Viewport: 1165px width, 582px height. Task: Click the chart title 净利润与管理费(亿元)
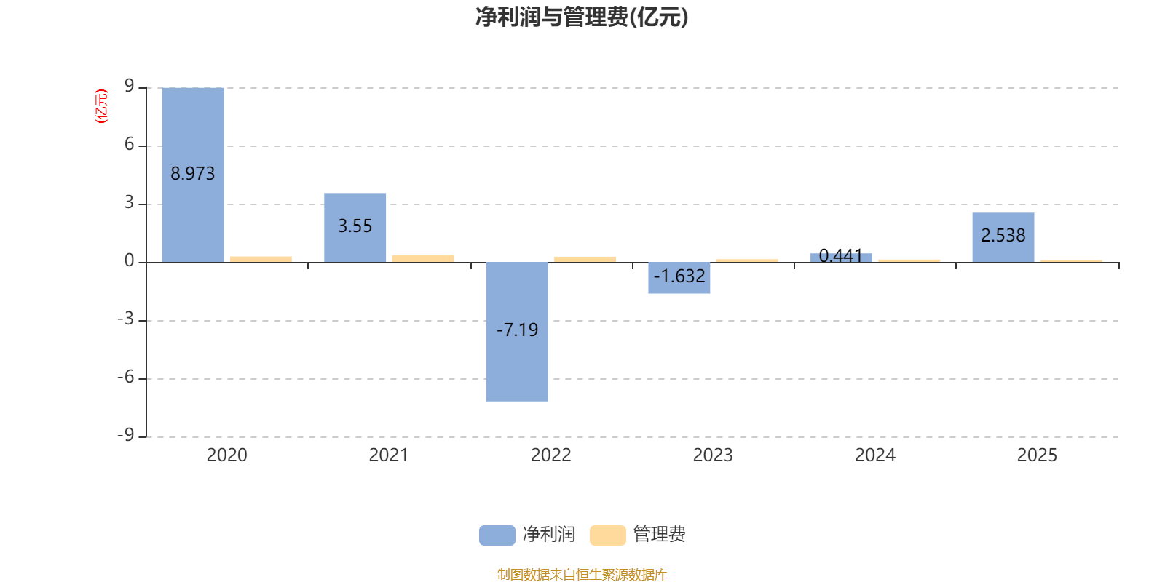click(x=582, y=17)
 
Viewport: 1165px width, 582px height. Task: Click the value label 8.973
click(x=193, y=174)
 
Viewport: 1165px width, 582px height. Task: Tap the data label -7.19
click(x=517, y=330)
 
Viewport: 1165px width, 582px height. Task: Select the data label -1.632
click(x=679, y=276)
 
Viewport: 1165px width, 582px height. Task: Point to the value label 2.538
click(x=1003, y=236)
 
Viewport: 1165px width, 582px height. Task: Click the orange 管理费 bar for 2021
click(x=423, y=258)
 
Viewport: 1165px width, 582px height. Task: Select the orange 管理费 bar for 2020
click(x=261, y=258)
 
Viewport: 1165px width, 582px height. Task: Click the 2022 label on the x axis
click(x=550, y=455)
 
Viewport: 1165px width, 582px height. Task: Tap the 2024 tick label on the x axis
click(x=874, y=455)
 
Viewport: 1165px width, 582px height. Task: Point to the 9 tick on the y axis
click(x=130, y=87)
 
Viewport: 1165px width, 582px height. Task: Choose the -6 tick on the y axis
click(x=126, y=378)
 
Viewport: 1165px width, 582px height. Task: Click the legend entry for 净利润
click(x=528, y=535)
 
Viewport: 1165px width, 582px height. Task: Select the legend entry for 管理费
click(x=639, y=535)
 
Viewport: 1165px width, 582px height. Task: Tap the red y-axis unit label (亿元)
click(x=101, y=106)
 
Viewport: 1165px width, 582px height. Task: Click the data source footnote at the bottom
click(x=582, y=575)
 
